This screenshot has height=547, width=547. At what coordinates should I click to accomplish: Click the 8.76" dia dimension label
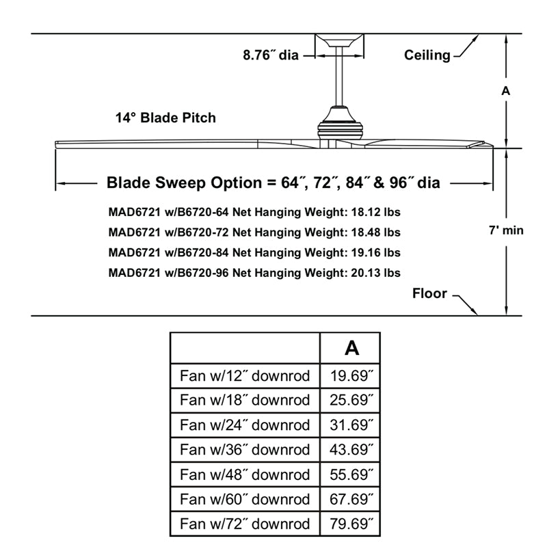[271, 55]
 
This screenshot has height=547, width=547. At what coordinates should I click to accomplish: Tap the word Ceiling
[427, 55]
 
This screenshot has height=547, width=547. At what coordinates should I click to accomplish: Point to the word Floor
[429, 294]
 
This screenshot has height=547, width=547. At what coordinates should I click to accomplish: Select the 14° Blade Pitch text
[165, 118]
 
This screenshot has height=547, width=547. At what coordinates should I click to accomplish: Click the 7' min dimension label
[506, 230]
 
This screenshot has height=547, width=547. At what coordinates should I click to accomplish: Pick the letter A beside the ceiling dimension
[506, 90]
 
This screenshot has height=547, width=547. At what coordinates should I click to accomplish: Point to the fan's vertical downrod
[338, 79]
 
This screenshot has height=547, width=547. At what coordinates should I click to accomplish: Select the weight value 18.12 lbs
[375, 213]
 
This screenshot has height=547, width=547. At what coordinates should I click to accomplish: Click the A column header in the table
[351, 348]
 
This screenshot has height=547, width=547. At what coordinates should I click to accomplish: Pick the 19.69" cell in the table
[351, 375]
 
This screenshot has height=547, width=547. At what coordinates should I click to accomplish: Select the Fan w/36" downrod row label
[245, 449]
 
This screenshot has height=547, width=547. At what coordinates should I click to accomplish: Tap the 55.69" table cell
[351, 474]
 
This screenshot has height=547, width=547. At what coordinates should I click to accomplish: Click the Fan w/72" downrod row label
[245, 524]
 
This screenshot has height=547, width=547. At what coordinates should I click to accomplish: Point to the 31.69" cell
[351, 425]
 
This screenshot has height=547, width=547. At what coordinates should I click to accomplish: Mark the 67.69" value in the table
[351, 499]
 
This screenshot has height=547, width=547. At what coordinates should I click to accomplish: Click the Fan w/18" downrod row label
[245, 400]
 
